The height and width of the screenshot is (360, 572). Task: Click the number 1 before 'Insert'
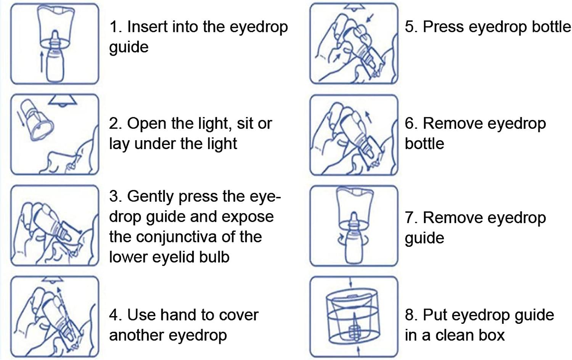click(114, 27)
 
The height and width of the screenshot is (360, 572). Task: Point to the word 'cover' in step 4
click(240, 315)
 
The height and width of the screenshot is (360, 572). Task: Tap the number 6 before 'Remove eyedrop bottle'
click(410, 124)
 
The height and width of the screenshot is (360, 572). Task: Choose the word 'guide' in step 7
click(424, 238)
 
